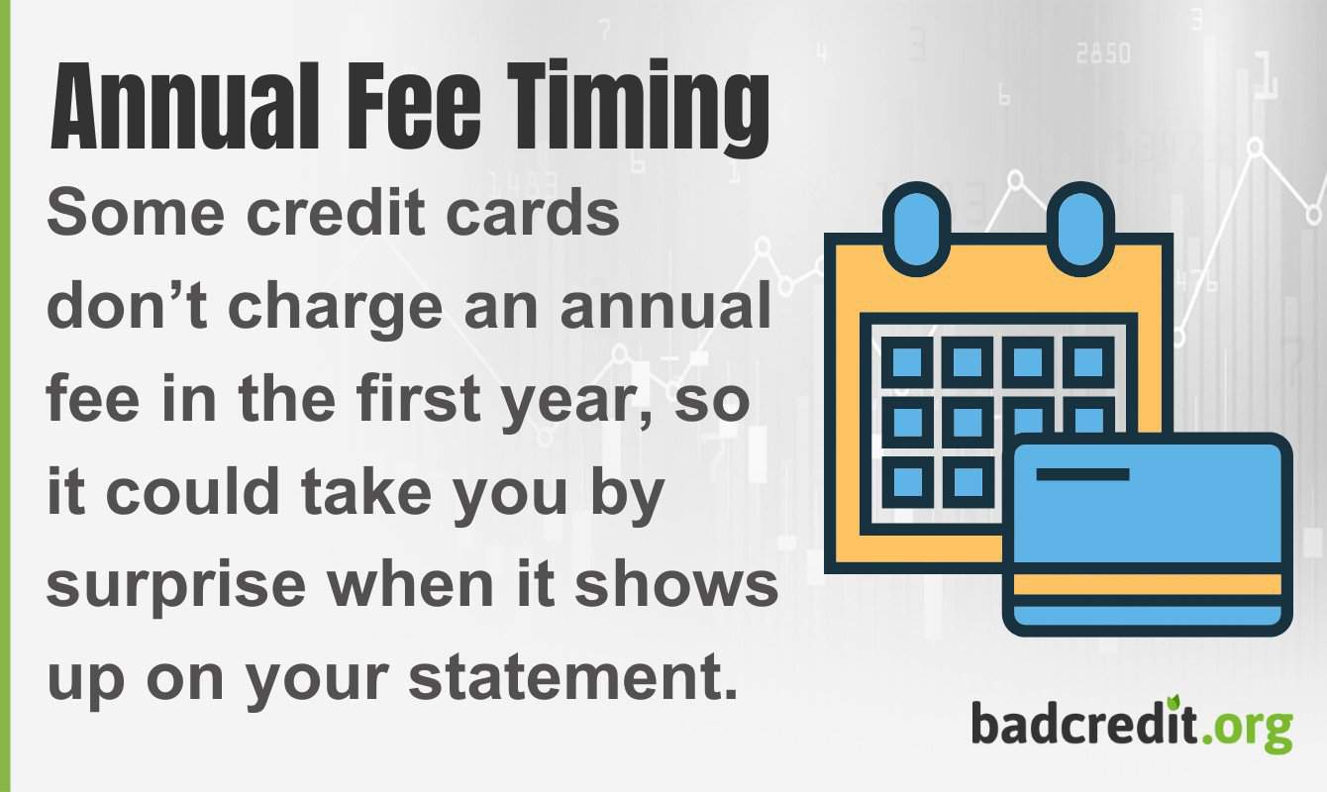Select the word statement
573,677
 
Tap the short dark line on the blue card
1082,474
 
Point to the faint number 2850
1102,55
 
